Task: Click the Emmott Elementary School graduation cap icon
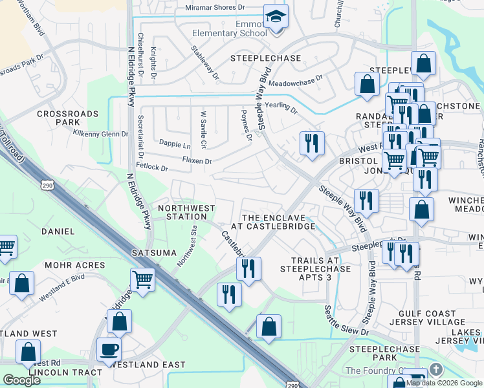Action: point(276,17)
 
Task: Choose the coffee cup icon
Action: point(109,350)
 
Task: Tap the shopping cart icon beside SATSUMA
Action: point(142,280)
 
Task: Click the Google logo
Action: point(21,380)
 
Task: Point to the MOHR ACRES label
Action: point(74,265)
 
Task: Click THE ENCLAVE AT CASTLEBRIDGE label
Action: point(278,222)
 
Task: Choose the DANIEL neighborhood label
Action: point(58,231)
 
